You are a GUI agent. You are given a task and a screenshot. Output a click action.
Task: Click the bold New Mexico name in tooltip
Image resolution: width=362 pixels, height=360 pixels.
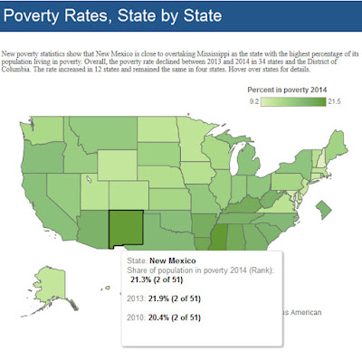click(x=176, y=261)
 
